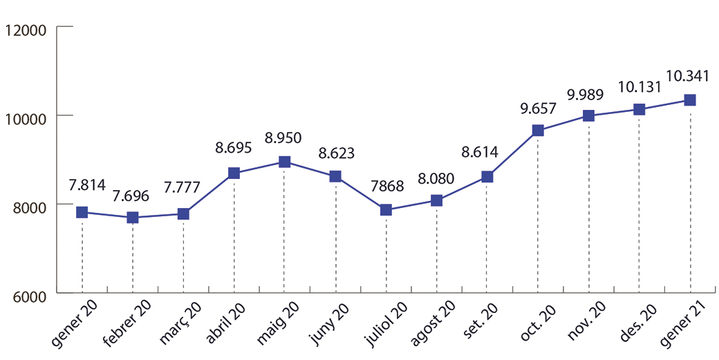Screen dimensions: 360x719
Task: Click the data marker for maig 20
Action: point(284,162)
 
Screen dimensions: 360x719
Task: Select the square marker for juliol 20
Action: point(386,209)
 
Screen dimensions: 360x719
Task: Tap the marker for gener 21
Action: point(689,100)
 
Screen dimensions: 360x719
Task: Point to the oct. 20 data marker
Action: point(538,131)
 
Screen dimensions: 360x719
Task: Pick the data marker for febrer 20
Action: point(133,218)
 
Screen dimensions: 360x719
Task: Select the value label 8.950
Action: point(283,138)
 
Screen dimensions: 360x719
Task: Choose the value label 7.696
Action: point(133,193)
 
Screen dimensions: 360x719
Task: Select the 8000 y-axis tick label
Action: point(28,205)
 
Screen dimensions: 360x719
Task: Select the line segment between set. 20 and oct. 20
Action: point(512,153)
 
